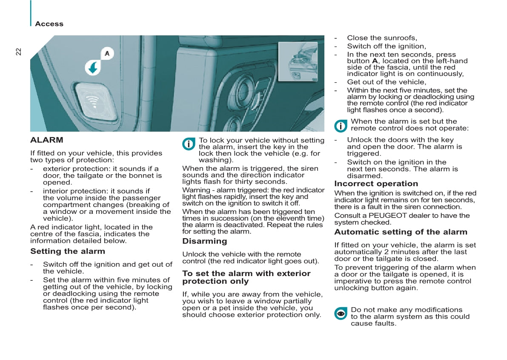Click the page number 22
click(x=18, y=52)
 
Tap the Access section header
click(x=49, y=23)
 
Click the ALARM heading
click(x=46, y=140)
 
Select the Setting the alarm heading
click(x=68, y=251)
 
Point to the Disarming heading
click(x=205, y=241)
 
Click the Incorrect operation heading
click(x=376, y=184)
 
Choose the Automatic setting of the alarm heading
click(x=401, y=232)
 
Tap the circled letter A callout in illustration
click(x=107, y=53)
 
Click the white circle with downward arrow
click(x=93, y=68)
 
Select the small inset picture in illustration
click(x=298, y=61)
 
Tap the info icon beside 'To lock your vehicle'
click(x=189, y=144)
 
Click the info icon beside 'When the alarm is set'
click(x=341, y=126)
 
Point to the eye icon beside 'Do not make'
click(x=341, y=314)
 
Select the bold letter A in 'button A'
click(x=375, y=61)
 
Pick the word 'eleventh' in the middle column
click(x=292, y=218)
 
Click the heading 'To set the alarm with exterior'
click(x=246, y=274)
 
